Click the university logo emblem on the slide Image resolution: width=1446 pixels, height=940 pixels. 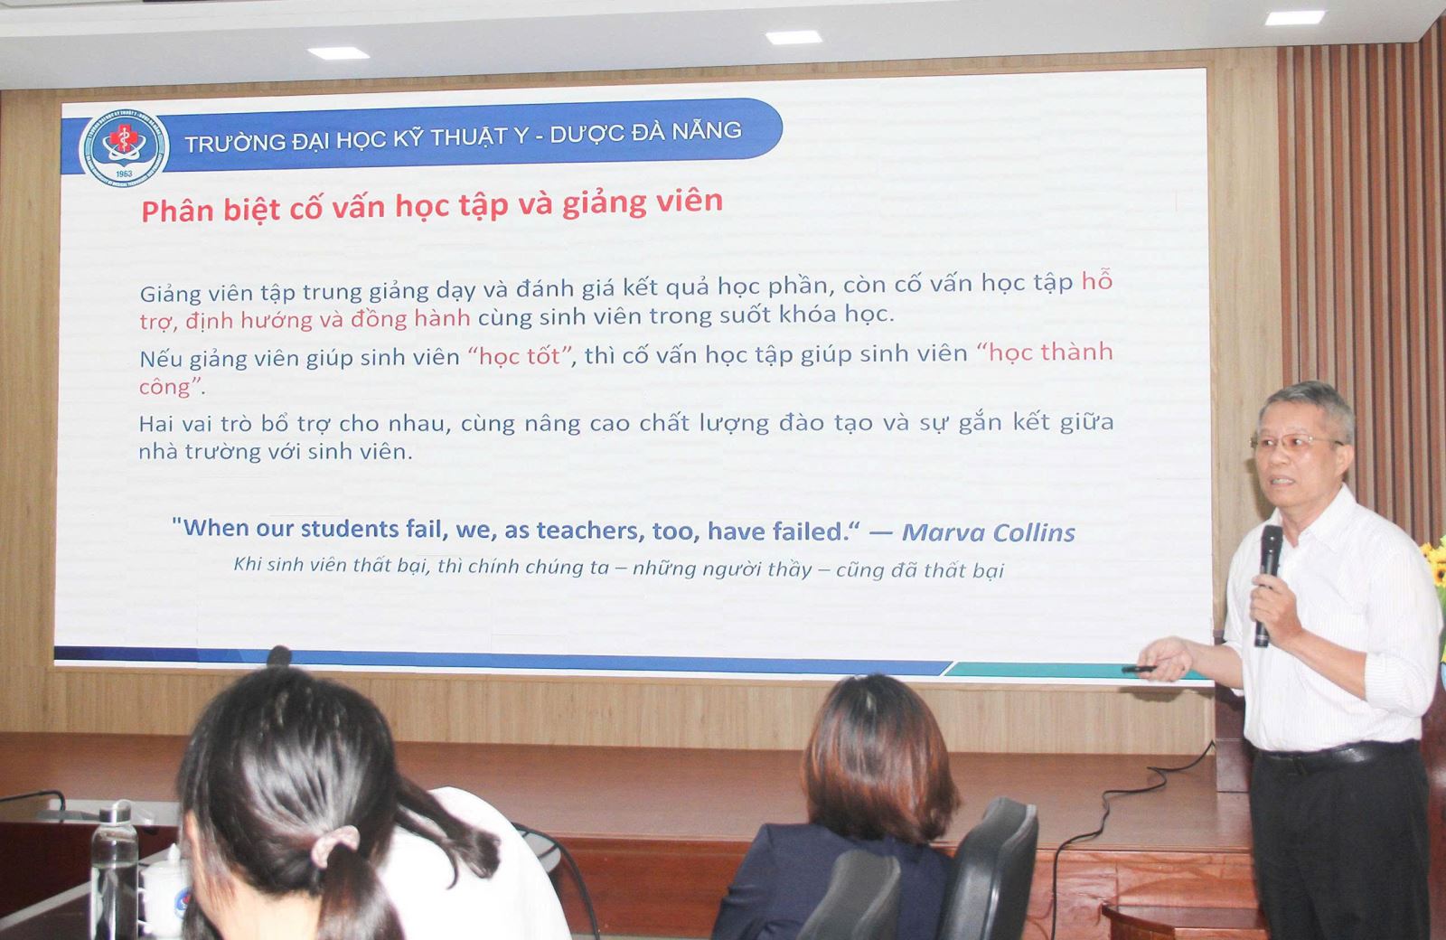tap(124, 148)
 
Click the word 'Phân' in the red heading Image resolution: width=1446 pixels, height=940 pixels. tap(177, 211)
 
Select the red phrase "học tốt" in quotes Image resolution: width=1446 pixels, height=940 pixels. tap(520, 356)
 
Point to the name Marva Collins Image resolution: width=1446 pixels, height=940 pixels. tap(989, 532)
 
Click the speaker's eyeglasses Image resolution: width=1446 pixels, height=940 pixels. tap(1294, 443)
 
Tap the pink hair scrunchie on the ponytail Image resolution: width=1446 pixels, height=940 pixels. tap(334, 845)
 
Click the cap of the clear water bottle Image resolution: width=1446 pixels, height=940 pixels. tap(116, 813)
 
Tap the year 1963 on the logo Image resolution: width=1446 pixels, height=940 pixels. tap(124, 174)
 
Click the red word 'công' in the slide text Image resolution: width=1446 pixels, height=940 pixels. tap(164, 387)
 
